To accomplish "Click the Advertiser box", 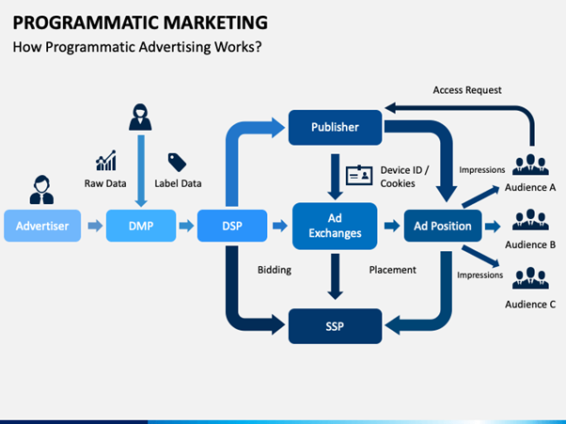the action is click(x=42, y=226).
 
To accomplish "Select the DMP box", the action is click(x=141, y=226).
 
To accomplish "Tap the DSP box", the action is click(x=232, y=226).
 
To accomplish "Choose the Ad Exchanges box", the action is click(x=335, y=226).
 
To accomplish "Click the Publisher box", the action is click(x=335, y=127).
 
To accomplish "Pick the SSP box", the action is click(x=335, y=326).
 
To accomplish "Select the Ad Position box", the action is click(x=443, y=226).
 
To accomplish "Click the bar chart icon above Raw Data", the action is click(x=106, y=161).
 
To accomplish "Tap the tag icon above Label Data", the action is click(x=178, y=163).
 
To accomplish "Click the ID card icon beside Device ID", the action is click(x=359, y=176).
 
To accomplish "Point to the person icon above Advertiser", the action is click(x=42, y=190).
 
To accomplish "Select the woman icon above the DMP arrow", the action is click(x=140, y=118).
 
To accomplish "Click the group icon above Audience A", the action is click(x=530, y=165).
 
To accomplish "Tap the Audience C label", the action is click(x=530, y=305).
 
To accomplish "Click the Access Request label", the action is click(x=467, y=90).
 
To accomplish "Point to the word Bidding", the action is click(x=275, y=270).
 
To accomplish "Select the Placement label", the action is click(x=392, y=270).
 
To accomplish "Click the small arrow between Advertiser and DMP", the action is click(x=95, y=226).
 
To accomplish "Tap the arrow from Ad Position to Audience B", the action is click(x=493, y=227).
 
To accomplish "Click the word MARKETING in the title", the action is click(x=215, y=23).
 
